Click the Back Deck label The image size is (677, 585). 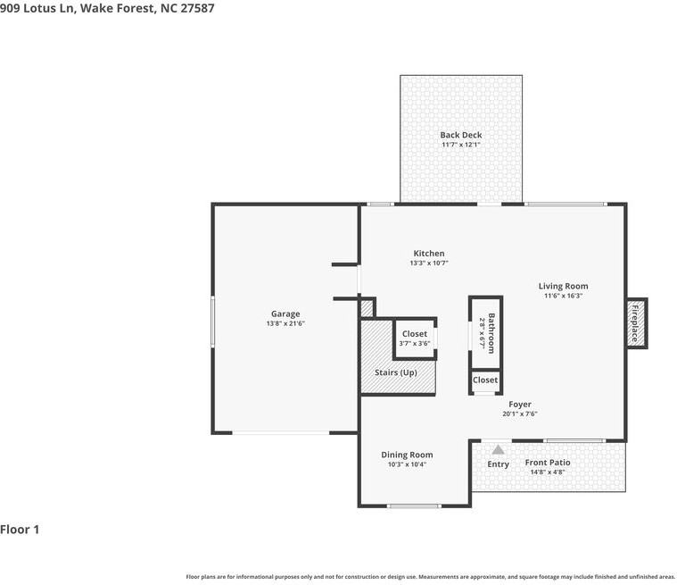[460, 135]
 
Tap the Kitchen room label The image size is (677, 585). [428, 254]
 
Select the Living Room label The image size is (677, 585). [563, 287]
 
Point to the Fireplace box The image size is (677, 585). [636, 322]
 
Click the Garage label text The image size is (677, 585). [285, 313]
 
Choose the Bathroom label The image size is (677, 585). [490, 333]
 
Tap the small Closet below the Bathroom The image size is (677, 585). [485, 380]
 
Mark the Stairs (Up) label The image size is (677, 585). [396, 372]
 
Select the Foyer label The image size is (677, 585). [520, 404]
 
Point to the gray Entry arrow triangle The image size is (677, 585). [498, 449]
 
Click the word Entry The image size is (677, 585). [498, 464]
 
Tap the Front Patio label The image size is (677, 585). [547, 463]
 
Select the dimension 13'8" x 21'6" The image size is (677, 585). [285, 323]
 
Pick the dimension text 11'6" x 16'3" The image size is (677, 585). [563, 297]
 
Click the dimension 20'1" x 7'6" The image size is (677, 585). [520, 414]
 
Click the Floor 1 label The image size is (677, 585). [21, 530]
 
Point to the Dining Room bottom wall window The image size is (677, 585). [414, 506]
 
